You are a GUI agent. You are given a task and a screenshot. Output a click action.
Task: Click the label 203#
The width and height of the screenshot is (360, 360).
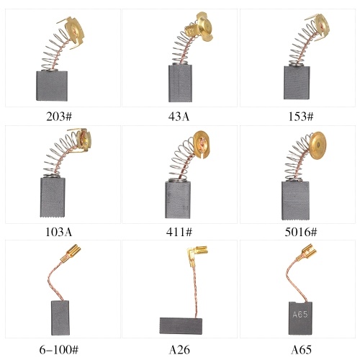[59, 117]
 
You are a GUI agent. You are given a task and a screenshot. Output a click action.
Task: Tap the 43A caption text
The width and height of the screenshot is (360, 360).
[179, 117]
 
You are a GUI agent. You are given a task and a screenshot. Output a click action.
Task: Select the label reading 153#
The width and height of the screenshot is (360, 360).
[301, 117]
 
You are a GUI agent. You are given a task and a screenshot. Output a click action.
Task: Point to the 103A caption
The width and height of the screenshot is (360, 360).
[59, 232]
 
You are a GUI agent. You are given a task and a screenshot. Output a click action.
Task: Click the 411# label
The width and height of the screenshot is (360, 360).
[179, 232]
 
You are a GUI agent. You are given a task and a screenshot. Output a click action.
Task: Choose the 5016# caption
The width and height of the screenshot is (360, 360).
[301, 232]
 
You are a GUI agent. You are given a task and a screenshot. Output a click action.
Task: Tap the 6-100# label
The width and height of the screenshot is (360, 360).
[59, 350]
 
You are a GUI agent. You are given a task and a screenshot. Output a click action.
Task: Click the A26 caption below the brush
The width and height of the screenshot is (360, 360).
[179, 350]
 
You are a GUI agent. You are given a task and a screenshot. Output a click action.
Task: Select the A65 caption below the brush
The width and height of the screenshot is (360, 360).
[301, 350]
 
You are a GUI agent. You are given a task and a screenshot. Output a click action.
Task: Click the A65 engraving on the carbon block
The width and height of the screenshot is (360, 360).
[300, 314]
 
